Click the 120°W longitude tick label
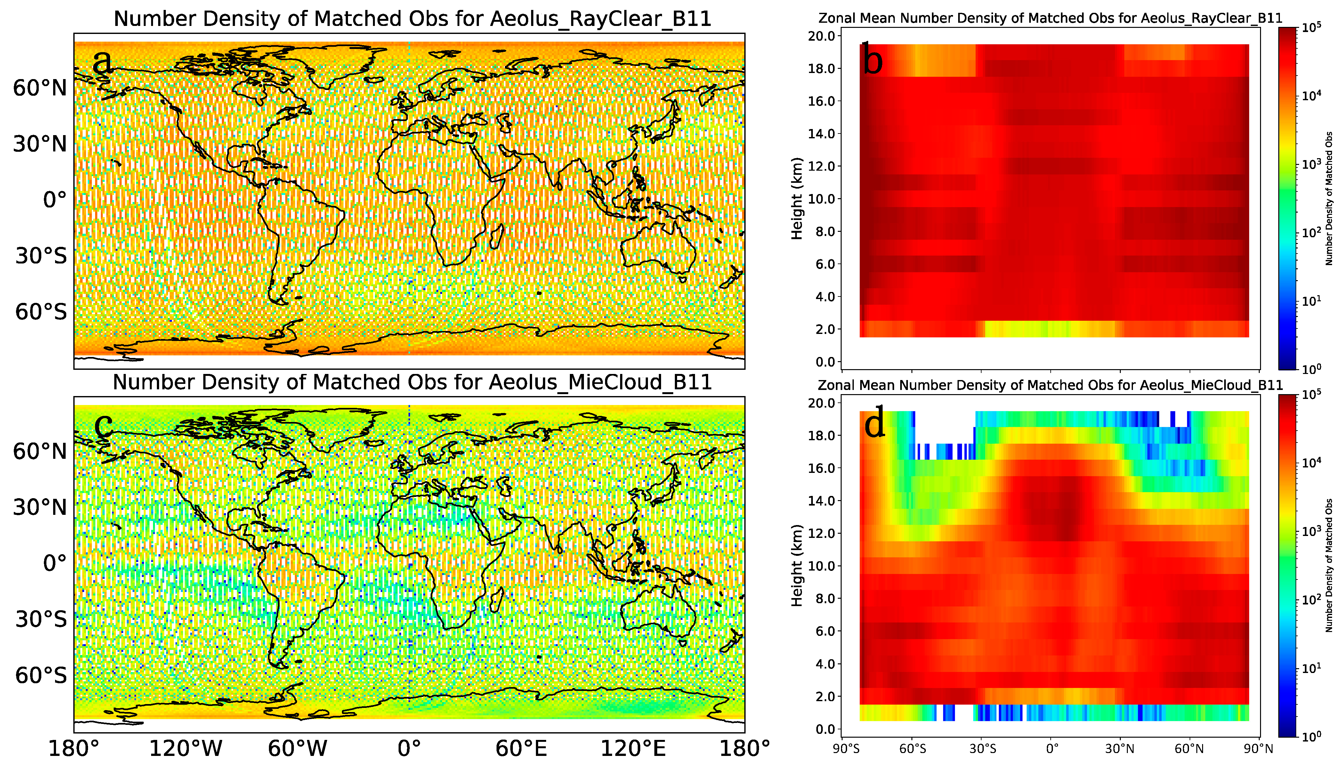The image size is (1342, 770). (186, 749)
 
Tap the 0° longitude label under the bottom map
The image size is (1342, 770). (409, 749)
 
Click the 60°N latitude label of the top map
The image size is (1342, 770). (40, 88)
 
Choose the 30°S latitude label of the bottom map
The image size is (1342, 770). (41, 619)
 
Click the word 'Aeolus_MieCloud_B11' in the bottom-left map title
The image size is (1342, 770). (601, 382)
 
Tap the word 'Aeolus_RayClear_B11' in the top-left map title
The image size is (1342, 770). (601, 19)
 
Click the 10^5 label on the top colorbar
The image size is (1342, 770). (1311, 28)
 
